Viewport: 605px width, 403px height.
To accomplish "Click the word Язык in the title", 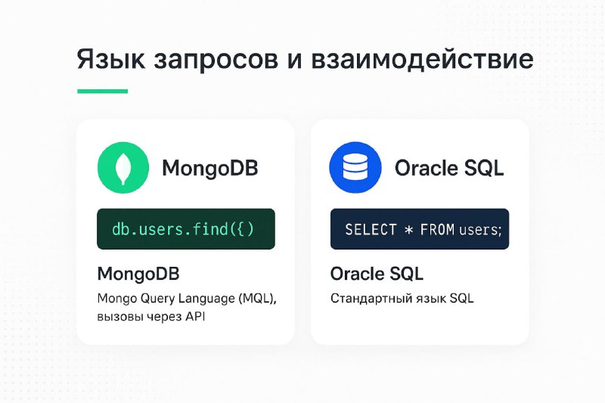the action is (111, 60).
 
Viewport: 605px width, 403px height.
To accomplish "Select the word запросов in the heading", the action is (216, 60).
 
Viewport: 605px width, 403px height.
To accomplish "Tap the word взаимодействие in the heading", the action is (423, 60).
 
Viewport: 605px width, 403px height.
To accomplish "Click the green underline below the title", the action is (102, 91).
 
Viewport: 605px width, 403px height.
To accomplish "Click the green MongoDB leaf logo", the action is (123, 168).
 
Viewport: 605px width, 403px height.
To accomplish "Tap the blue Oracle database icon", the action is (355, 167).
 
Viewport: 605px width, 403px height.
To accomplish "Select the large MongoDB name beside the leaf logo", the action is (210, 168).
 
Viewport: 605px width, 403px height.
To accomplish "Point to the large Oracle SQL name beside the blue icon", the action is (449, 168).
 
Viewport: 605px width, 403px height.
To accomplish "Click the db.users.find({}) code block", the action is (186, 229).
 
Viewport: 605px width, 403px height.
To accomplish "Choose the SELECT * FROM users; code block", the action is (420, 229).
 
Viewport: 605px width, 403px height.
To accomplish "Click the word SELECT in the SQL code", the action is (371, 229).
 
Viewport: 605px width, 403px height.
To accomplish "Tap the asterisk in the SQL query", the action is (408, 230).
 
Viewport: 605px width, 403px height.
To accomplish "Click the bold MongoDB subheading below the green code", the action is (138, 274).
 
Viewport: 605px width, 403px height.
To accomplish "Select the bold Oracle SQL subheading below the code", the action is (377, 274).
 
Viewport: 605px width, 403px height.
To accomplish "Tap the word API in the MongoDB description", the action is (195, 317).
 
